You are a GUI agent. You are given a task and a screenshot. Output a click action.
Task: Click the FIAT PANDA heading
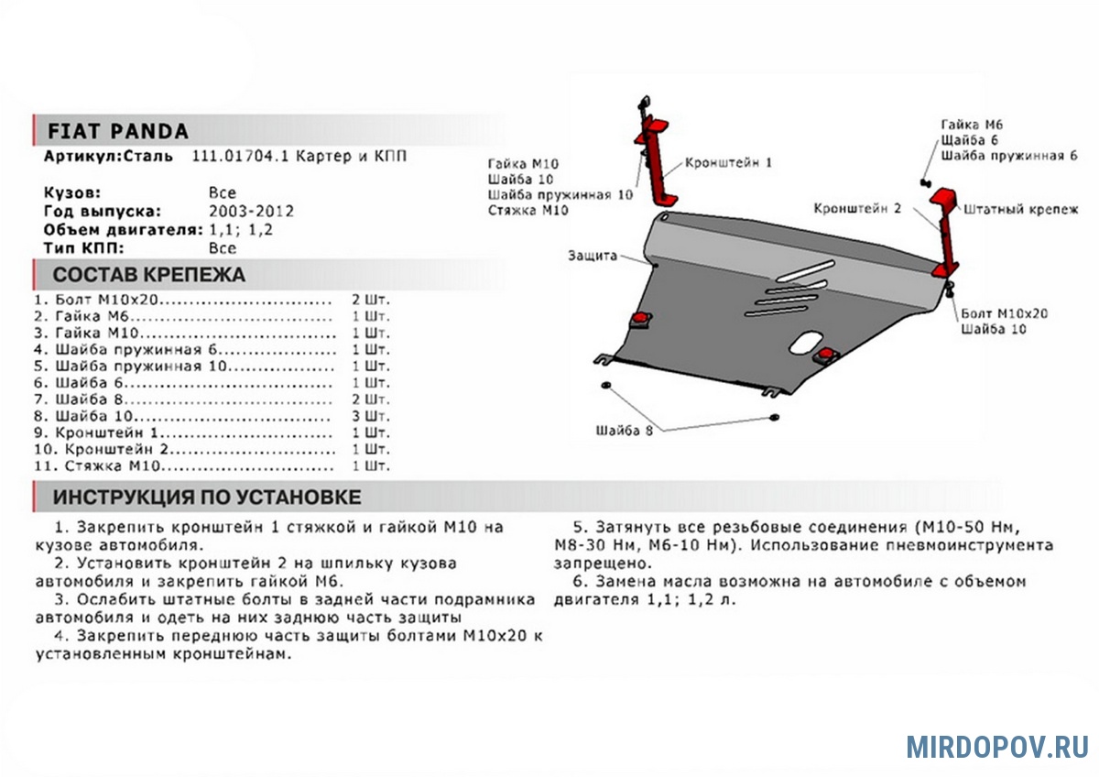[x=117, y=131]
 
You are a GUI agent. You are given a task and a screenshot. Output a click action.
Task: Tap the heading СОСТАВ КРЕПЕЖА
[x=149, y=275]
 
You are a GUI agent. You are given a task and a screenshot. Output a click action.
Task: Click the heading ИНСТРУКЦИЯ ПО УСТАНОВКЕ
[x=207, y=497]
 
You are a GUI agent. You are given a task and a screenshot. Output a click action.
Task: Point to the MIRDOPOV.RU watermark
[x=997, y=746]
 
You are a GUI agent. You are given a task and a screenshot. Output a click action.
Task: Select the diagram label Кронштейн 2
[x=857, y=209]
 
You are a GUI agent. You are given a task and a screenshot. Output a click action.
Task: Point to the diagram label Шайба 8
[x=624, y=431]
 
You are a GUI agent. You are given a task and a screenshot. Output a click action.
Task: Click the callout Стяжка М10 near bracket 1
[x=528, y=211]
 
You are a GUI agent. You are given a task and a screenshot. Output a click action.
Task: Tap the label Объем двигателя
[x=108, y=229]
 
